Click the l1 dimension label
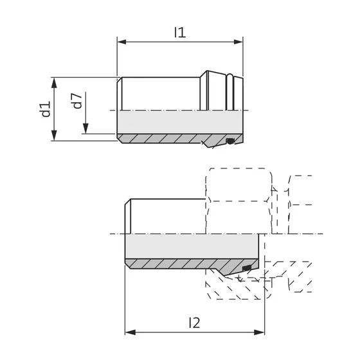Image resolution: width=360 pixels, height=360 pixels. [180, 32]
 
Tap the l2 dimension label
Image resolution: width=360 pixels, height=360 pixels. [194, 323]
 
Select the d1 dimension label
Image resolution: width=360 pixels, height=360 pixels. [46, 109]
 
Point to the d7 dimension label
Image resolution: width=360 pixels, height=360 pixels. [77, 100]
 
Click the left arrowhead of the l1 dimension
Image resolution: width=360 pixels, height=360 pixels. [122, 42]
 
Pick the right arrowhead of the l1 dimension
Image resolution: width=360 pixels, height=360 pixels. [239, 42]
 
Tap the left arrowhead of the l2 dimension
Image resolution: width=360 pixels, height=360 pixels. [130, 332]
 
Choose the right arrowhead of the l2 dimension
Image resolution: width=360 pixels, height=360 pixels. [260, 332]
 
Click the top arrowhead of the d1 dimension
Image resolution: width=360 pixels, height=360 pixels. [54, 83]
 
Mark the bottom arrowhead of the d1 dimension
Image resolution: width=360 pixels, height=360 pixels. [54, 135]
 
